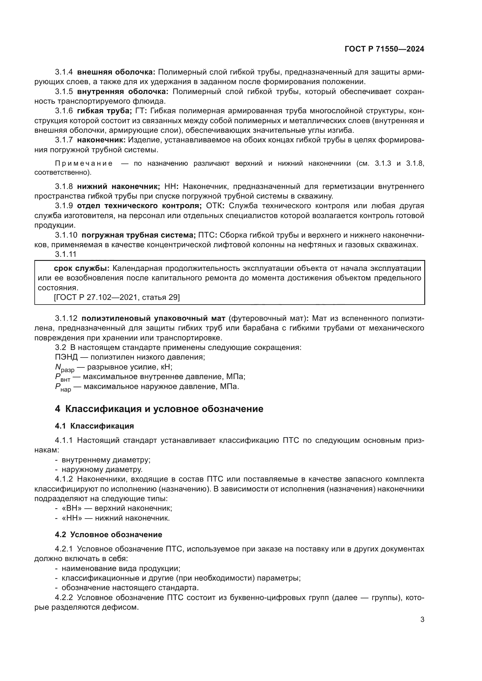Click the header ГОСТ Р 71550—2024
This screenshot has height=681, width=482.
pyautogui.click(x=384, y=49)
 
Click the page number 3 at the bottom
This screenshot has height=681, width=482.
pyautogui.click(x=422, y=620)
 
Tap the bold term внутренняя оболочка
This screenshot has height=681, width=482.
pyautogui.click(x=123, y=91)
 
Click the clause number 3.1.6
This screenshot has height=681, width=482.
pyautogui.click(x=64, y=111)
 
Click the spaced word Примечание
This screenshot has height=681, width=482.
pyautogui.click(x=84, y=163)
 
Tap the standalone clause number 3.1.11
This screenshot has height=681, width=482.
pyautogui.click(x=66, y=254)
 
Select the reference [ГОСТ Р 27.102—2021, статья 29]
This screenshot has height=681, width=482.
pyautogui.click(x=117, y=297)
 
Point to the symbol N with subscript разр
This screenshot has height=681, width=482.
pyautogui.click(x=64, y=368)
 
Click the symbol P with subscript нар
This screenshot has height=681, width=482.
pyautogui.click(x=63, y=387)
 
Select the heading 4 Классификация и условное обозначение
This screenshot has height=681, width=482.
pyautogui.click(x=159, y=409)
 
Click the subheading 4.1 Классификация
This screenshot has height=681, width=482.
pyautogui.click(x=94, y=426)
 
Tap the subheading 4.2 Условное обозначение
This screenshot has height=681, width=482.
pyautogui.click(x=108, y=535)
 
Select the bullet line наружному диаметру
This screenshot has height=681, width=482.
pyautogui.click(x=102, y=470)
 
